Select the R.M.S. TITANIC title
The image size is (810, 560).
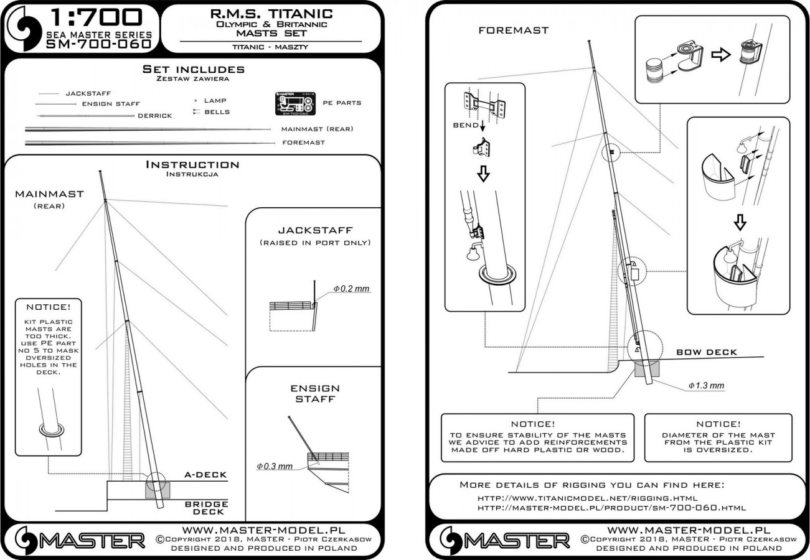tap(271, 13)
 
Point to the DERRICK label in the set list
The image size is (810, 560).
tap(154, 116)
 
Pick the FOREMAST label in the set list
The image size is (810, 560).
tap(303, 142)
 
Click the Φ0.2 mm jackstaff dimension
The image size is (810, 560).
tap(351, 289)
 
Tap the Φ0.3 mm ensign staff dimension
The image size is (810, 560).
tap(274, 466)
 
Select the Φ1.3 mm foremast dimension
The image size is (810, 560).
tap(706, 386)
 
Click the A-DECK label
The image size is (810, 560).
tap(205, 475)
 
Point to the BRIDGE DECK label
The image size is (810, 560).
tap(206, 507)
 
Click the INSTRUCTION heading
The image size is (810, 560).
tap(192, 165)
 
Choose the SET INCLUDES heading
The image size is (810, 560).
tap(193, 69)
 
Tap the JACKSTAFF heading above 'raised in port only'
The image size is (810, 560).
tap(314, 230)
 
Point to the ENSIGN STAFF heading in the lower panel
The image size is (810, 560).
tap(315, 393)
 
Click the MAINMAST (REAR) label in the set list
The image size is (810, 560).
tap(317, 129)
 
